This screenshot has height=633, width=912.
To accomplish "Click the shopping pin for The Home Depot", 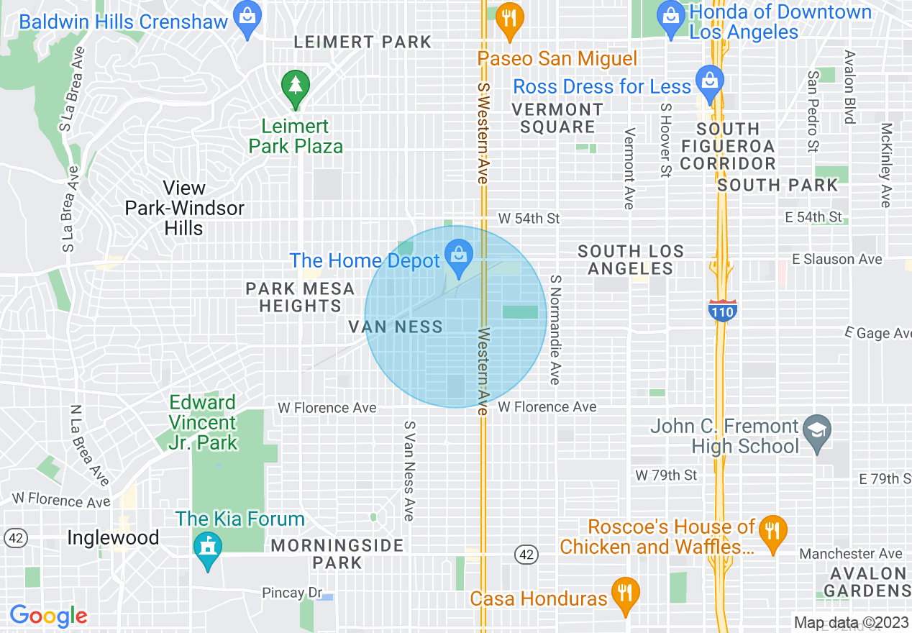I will (457, 255).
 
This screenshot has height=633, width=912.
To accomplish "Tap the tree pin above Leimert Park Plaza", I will (295, 86).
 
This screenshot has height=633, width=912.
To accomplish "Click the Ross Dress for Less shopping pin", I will (709, 81).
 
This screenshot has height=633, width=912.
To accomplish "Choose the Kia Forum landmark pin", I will (208, 550).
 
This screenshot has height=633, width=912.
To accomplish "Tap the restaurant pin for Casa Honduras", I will (625, 594).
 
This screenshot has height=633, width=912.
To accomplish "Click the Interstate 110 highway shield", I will (721, 311).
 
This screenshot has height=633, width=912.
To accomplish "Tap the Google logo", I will (48, 616).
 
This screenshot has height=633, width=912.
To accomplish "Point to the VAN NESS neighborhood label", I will (396, 327).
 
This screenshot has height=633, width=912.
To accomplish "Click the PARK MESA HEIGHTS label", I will (300, 298).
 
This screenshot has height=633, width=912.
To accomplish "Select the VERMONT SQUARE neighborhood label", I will (557, 118).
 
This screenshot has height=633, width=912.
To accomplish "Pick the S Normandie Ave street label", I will (555, 329).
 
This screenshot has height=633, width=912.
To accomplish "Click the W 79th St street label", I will (666, 475).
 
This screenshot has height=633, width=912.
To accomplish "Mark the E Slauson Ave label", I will (836, 259).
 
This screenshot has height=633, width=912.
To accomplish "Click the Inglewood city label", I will (113, 538).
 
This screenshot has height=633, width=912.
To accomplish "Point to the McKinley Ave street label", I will (886, 165).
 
